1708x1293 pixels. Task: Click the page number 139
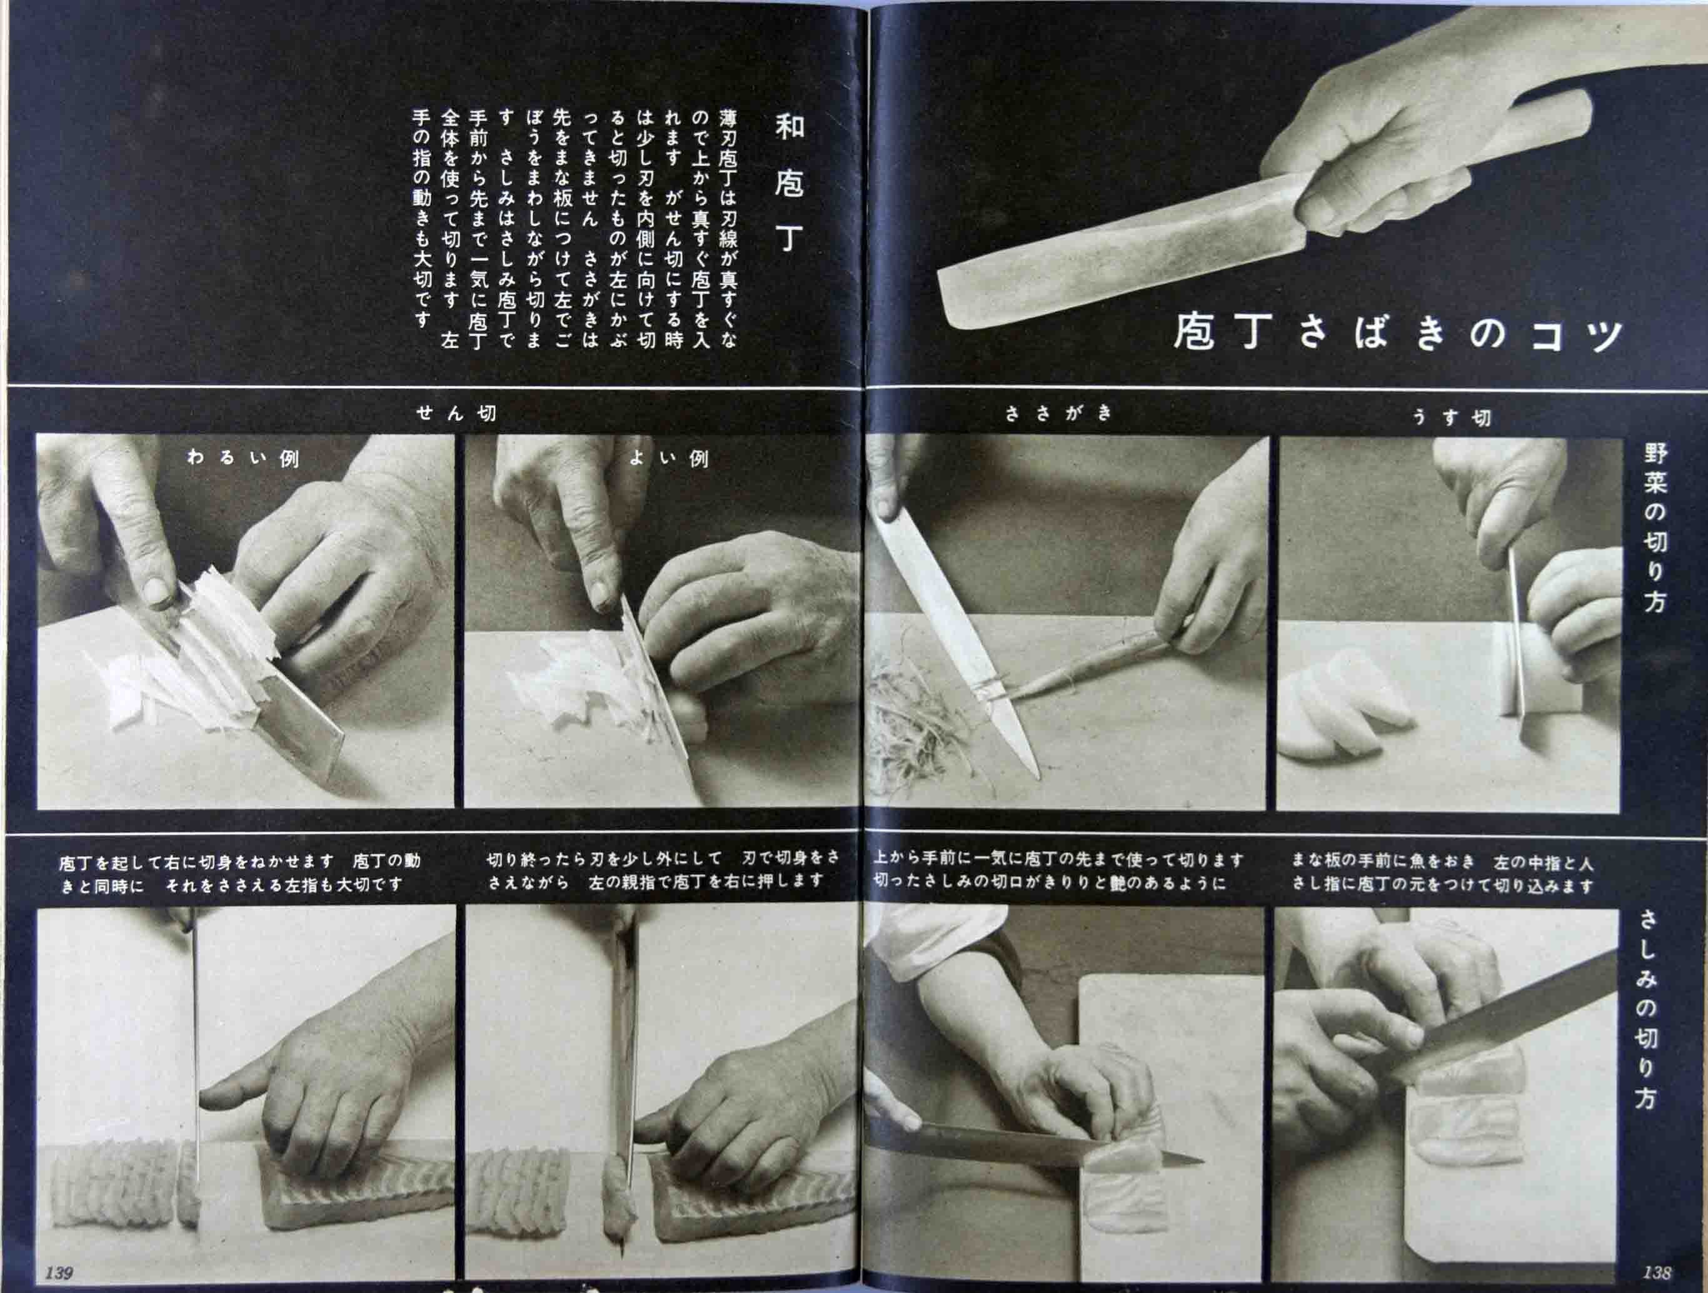point(59,1273)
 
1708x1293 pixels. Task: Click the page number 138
point(1656,1271)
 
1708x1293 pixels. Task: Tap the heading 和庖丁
point(788,184)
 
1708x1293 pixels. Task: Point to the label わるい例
point(243,458)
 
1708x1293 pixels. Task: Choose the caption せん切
point(456,413)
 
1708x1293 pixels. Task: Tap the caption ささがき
point(1058,413)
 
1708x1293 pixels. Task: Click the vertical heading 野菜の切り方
point(1655,528)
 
